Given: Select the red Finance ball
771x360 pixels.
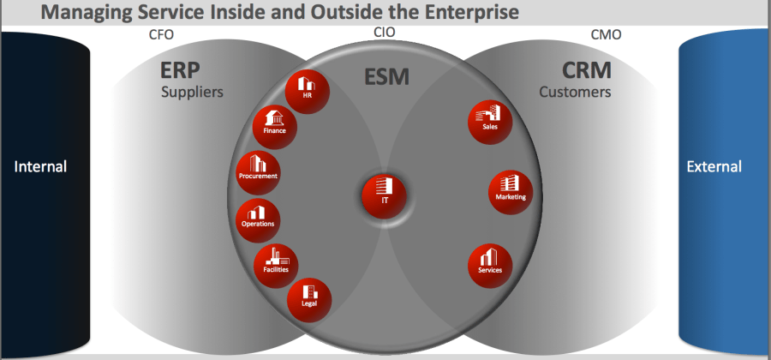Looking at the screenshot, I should click(274, 126).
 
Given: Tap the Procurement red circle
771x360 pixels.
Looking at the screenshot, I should click(258, 171).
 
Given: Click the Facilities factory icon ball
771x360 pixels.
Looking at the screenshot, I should click(275, 262).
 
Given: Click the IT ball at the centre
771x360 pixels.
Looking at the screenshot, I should click(384, 194).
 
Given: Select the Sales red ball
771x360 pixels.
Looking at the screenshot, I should click(490, 121).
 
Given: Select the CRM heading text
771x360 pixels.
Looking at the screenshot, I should click(587, 70).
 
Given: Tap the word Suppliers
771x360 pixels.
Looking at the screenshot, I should click(192, 91).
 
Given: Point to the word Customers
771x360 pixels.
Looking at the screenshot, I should click(575, 91).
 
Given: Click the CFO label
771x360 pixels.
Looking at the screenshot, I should click(161, 36).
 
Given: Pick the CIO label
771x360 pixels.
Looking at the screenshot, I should click(385, 33).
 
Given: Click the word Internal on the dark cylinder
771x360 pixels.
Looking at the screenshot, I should click(40, 166).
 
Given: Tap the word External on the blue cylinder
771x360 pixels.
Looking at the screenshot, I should click(714, 166).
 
